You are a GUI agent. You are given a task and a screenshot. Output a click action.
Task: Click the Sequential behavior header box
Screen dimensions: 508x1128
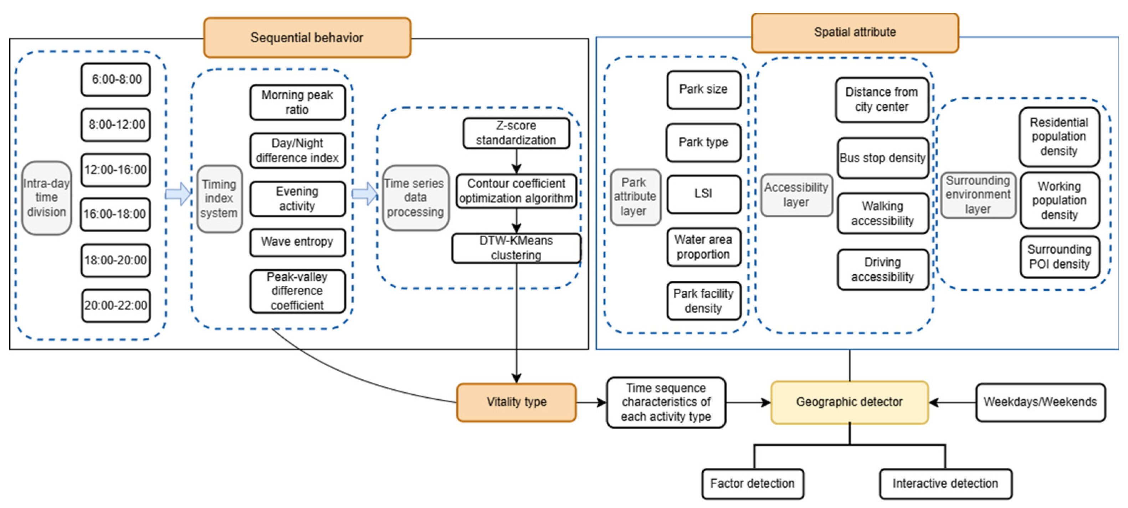[307, 38]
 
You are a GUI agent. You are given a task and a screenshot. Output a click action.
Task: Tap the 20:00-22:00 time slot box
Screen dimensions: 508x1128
[116, 305]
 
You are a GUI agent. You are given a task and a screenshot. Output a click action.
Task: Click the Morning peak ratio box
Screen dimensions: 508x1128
[297, 102]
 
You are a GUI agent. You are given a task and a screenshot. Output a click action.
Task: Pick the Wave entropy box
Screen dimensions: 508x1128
[297, 242]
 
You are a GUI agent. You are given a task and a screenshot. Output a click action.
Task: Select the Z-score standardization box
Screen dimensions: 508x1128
[516, 133]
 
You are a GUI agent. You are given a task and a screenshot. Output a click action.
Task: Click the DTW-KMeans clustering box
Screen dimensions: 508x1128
[516, 248]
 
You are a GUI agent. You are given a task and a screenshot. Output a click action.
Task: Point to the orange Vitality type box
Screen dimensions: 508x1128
[516, 402]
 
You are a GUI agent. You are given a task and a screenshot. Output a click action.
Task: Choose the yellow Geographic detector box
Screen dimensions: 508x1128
[849, 402]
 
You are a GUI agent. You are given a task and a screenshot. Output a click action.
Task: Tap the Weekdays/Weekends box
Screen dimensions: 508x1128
[1040, 402]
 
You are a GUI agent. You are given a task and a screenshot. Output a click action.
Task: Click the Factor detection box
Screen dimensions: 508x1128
[752, 483]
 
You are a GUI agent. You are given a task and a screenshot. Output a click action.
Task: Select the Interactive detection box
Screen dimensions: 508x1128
[945, 483]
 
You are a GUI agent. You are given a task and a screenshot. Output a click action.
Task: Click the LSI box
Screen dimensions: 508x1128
[703, 193]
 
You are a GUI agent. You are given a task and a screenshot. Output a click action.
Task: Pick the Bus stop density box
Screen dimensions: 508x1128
[882, 158]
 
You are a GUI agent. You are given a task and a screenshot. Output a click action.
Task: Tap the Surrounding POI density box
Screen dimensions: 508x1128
[1059, 257]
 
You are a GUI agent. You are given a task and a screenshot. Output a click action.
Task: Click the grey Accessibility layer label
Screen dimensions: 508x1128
[796, 195]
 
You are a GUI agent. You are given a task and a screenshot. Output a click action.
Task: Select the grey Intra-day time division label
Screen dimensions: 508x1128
[46, 198]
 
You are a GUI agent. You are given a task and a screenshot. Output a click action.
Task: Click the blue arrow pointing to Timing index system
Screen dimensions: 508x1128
[178, 193]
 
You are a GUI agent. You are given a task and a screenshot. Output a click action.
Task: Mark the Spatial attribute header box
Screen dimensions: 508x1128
[855, 32]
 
